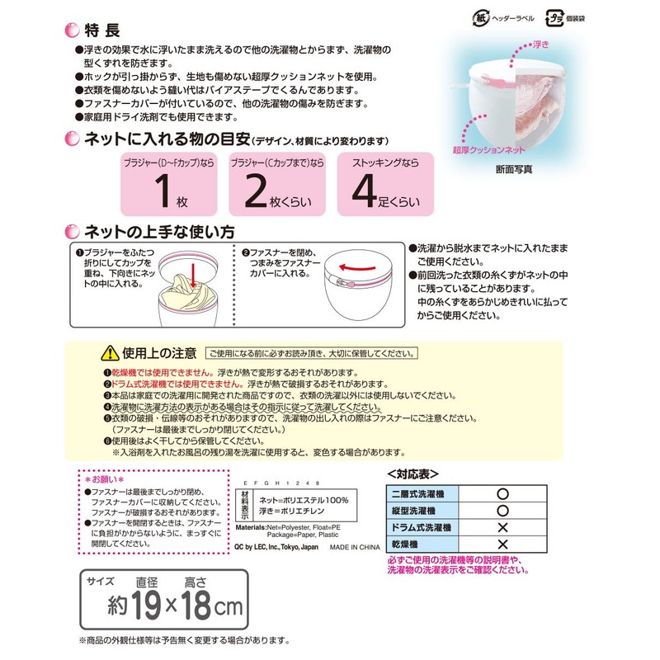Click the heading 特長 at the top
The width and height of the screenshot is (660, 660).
pyautogui.click(x=102, y=31)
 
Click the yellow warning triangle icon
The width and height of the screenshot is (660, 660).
pyautogui.click(x=109, y=354)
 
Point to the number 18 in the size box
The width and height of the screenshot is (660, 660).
pyautogui.click(x=199, y=610)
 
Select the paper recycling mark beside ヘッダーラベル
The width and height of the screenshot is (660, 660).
pyautogui.click(x=479, y=16)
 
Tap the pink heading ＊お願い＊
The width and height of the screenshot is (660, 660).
pyautogui.click(x=105, y=478)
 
